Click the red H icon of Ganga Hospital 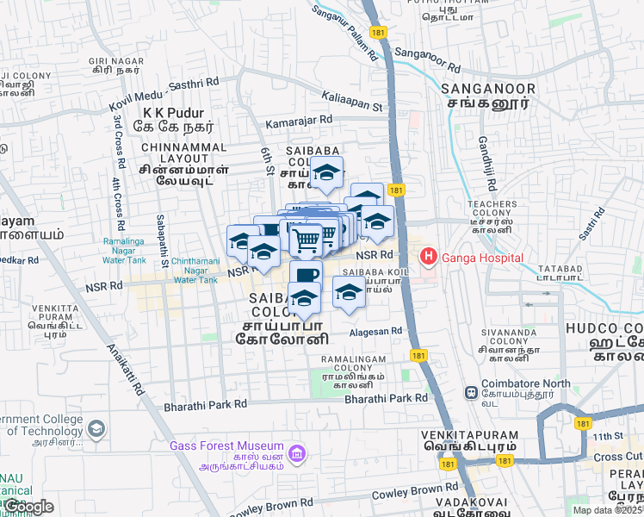point(427,257)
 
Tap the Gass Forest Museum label point(226,445)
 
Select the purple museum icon point(297,452)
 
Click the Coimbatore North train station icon point(471,393)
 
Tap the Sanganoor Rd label point(427,61)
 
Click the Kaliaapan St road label point(351,101)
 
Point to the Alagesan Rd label point(375,331)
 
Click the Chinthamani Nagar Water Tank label point(198,270)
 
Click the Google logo point(28,507)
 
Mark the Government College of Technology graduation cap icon point(96,428)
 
